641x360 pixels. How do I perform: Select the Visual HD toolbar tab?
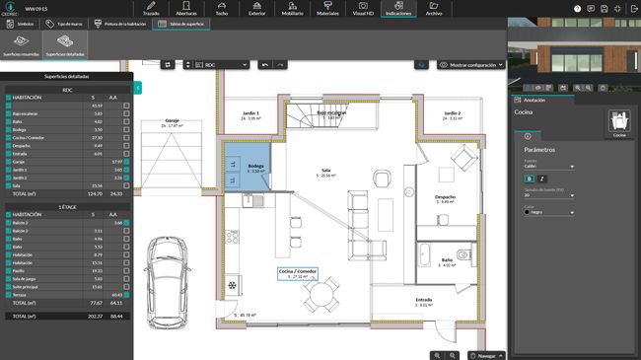pos(362,9)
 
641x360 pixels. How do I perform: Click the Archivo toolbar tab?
pos(433,9)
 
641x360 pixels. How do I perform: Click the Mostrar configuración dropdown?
pos(471,64)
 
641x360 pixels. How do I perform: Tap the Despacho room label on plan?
pos(446,198)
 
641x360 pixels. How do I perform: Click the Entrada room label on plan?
pos(424,302)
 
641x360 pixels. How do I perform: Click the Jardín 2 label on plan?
pos(453,115)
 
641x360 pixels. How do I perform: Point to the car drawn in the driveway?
pos(168,285)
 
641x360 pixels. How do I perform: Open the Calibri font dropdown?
pos(548,166)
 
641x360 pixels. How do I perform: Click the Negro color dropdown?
pos(548,211)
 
